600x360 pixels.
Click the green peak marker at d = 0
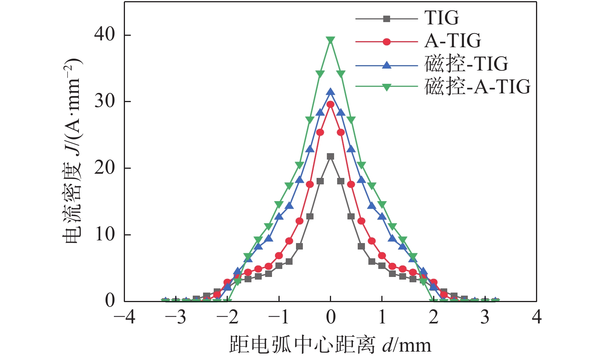point(331,40)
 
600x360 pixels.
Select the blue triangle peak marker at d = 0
point(331,92)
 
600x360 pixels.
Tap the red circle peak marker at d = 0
point(331,104)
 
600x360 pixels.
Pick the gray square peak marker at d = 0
point(331,157)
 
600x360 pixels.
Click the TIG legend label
point(442,18)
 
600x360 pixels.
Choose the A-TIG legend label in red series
point(453,41)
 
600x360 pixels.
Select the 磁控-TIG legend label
point(466,64)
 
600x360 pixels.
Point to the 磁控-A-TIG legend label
point(477,87)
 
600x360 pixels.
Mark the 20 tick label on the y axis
point(105,168)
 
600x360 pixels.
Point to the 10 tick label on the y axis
point(105,234)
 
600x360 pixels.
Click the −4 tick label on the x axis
point(125,317)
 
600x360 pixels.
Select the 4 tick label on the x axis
point(537,317)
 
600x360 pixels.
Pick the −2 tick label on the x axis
point(228,317)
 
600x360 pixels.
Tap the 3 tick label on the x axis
point(485,317)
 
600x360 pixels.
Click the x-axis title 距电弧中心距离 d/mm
point(330,345)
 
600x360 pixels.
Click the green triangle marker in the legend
point(387,87)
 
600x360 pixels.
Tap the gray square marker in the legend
point(387,18)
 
